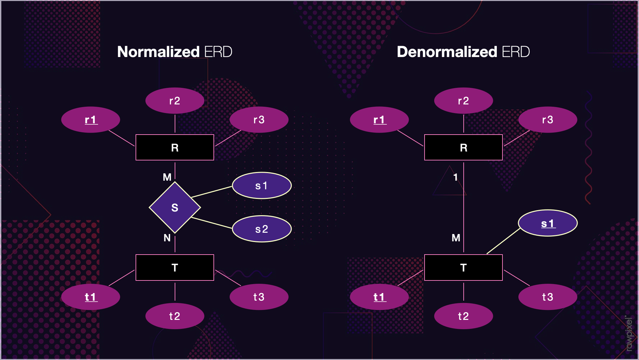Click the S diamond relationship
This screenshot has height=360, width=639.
[175, 208]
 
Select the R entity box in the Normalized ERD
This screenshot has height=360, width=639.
[175, 148]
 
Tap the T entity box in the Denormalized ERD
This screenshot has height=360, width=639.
[463, 268]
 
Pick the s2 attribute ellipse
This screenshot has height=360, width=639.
[261, 229]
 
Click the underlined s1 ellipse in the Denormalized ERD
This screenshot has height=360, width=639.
[548, 223]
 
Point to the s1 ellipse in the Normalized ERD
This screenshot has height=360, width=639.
[261, 186]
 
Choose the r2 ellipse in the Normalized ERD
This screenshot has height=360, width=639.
[175, 100]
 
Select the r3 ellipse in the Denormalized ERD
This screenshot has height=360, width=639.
[548, 120]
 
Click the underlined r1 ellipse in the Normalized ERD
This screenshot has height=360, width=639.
[90, 120]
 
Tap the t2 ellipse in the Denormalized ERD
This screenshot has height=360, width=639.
[463, 316]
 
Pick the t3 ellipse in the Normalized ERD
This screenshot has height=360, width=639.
[259, 297]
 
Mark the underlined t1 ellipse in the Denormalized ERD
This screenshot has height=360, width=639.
[379, 297]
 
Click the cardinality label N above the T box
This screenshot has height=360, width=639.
[167, 238]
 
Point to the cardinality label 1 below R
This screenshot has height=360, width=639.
[456, 177]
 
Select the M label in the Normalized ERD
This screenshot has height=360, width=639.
[167, 177]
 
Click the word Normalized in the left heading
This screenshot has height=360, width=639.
[158, 52]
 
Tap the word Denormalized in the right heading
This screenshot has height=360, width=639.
[447, 52]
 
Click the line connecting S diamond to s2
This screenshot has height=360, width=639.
[212, 223]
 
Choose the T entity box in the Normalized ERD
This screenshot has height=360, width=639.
[175, 268]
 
